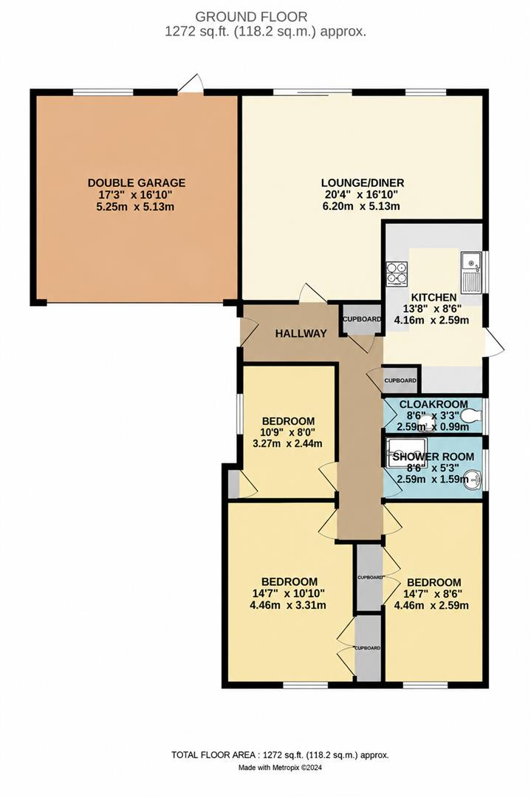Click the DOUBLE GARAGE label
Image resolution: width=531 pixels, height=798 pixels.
[137, 183]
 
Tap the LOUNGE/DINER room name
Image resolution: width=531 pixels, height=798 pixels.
[363, 183]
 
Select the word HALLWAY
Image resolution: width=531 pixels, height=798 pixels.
[301, 334]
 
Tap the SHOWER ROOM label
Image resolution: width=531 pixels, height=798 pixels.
[434, 457]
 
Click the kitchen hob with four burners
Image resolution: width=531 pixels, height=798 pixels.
[397, 272]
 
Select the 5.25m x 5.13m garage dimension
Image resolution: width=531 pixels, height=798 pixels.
[137, 206]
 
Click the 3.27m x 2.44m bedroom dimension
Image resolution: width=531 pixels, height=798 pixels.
[288, 443]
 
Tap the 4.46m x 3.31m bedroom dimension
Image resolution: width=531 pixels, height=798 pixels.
[288, 605]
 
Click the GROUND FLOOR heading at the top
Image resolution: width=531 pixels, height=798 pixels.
[251, 17]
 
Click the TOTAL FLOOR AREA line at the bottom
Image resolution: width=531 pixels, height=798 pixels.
[280, 755]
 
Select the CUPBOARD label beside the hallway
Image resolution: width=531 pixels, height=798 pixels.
[362, 320]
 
